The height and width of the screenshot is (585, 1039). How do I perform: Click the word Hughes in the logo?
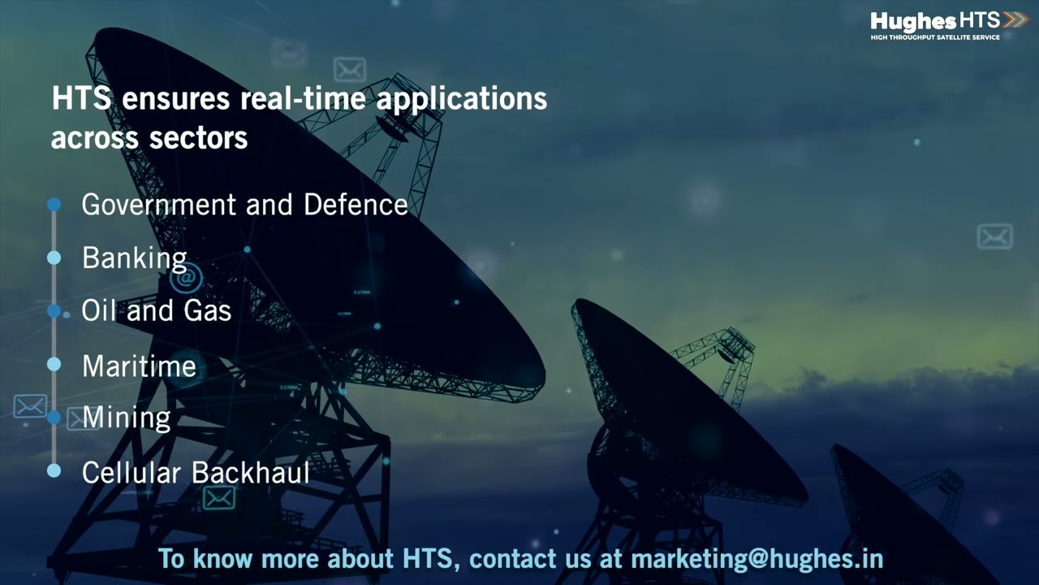click(x=913, y=21)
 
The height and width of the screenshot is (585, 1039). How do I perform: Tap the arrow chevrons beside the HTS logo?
click(x=1015, y=20)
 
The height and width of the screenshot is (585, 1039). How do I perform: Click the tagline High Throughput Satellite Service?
click(x=935, y=37)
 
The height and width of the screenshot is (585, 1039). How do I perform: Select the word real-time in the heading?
click(x=303, y=98)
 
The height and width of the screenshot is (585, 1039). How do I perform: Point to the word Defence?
click(x=356, y=204)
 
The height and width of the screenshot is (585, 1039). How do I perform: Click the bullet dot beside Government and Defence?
click(x=54, y=204)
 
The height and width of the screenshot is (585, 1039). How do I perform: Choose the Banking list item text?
click(x=135, y=258)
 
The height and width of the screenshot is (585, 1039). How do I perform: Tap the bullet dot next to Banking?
click(x=54, y=258)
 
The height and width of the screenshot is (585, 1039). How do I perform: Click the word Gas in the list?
click(x=207, y=310)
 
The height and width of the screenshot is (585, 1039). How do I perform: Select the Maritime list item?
click(x=139, y=366)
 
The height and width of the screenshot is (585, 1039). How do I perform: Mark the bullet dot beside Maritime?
click(x=54, y=365)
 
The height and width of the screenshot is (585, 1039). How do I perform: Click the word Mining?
click(x=127, y=418)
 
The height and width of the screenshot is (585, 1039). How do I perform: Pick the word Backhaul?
click(x=251, y=473)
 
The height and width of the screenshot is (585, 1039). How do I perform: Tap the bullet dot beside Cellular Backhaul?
click(x=54, y=470)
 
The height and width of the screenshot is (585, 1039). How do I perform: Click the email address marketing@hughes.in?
click(x=757, y=558)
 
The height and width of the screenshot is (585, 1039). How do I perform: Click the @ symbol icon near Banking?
click(x=186, y=278)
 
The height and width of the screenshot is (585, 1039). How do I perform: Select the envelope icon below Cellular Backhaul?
click(x=219, y=499)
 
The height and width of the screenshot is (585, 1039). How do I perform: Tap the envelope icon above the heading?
click(x=350, y=70)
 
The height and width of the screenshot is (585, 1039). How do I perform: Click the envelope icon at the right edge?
click(x=995, y=236)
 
